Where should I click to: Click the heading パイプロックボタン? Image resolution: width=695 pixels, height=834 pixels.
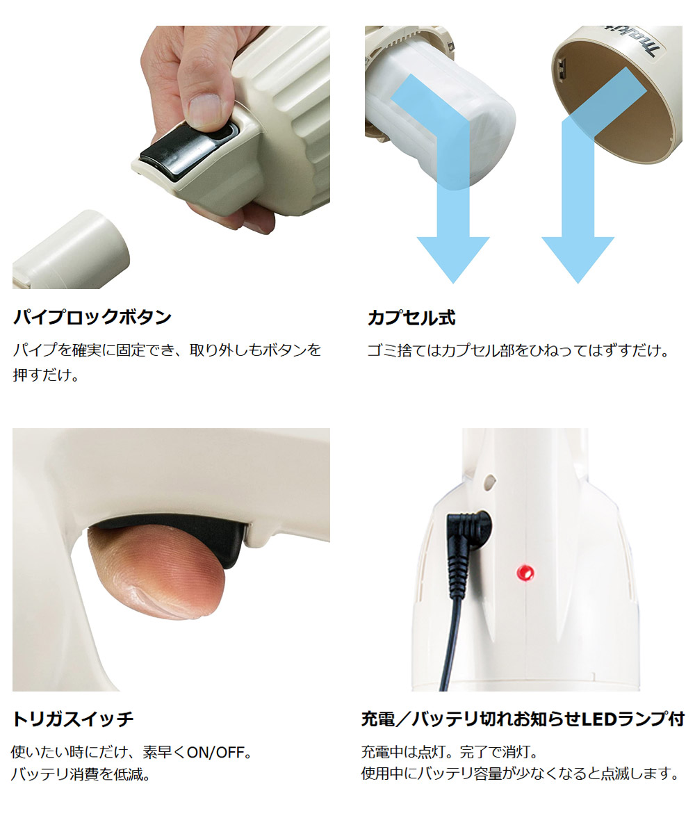coord(92,318)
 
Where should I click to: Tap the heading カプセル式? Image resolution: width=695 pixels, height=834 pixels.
coord(411,318)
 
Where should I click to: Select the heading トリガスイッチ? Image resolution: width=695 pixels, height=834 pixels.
coord(73,719)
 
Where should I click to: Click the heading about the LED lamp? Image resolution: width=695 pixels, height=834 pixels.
coord(523,719)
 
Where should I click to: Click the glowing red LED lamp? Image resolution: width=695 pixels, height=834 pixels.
coord(525,573)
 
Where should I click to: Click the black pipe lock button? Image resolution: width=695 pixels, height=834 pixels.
coord(188,150)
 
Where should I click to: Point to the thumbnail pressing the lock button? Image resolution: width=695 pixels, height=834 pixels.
coord(205,111)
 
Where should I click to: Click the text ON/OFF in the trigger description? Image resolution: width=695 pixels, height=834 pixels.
coord(215,753)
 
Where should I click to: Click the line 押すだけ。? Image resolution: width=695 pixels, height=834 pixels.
coord(46,375)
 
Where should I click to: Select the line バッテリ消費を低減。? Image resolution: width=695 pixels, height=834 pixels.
coord(81,774)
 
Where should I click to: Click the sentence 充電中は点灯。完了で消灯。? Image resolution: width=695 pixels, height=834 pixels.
coord(450,752)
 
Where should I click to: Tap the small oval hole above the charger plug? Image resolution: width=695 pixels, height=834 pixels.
coord(489,482)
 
